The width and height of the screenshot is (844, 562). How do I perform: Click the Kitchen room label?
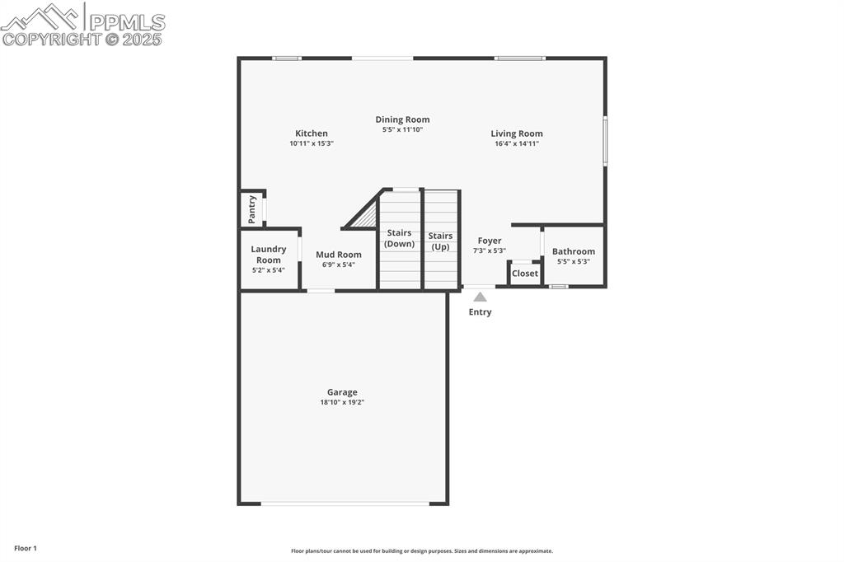tap(312, 133)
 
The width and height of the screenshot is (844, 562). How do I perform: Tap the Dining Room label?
tap(402, 119)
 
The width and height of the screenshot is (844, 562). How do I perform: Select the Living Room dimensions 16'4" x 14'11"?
tap(517, 143)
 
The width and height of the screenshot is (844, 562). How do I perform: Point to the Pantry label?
tap(252, 209)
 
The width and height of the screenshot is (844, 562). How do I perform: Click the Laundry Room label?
tap(269, 255)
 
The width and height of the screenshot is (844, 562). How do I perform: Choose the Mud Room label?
tap(338, 255)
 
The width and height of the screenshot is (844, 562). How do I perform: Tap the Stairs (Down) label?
tap(400, 238)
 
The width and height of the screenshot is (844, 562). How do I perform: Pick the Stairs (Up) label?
tap(440, 241)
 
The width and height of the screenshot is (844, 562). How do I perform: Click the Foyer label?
tap(490, 241)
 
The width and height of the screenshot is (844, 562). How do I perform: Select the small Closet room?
tap(525, 274)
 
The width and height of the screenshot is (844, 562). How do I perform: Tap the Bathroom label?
tap(574, 251)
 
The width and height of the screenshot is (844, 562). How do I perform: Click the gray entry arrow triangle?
tap(480, 297)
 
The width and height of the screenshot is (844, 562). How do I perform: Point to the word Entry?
tap(480, 312)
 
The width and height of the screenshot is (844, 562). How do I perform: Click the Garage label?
tap(342, 392)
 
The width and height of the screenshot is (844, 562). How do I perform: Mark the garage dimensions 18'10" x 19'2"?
tap(342, 402)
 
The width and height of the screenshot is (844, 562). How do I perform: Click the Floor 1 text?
tap(26, 548)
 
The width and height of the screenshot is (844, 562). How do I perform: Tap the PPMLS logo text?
tap(127, 22)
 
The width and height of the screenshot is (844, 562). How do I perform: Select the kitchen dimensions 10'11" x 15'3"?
tap(312, 143)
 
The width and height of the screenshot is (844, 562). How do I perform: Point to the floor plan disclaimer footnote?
tap(422, 551)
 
